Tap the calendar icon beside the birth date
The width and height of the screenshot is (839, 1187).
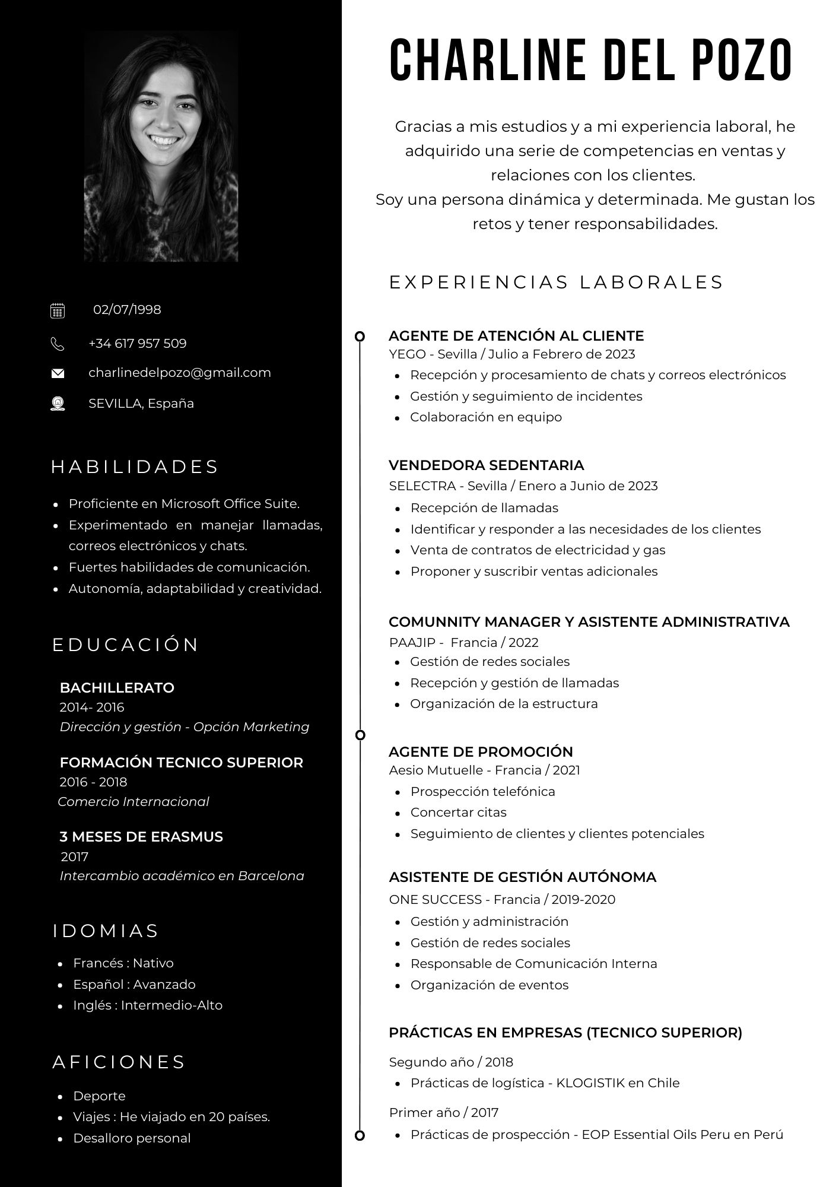[58, 310]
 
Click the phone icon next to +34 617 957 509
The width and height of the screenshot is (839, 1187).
[58, 344]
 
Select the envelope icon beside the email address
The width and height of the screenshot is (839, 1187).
[58, 373]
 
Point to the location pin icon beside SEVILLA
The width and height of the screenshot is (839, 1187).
[58, 404]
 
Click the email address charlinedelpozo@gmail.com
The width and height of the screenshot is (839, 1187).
[179, 373]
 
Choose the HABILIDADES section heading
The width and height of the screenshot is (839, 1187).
[135, 467]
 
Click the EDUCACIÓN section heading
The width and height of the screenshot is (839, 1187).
[126, 645]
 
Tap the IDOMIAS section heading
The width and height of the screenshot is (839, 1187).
[106, 931]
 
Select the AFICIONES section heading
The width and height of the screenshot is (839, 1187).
[119, 1062]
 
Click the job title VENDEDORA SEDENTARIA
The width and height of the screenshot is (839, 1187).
[486, 465]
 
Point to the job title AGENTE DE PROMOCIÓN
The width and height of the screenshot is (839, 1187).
[481, 751]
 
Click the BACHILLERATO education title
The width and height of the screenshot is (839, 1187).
[117, 688]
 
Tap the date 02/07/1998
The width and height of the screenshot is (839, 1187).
[127, 310]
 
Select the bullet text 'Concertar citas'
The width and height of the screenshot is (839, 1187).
[458, 812]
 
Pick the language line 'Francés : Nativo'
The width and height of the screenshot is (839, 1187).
[123, 963]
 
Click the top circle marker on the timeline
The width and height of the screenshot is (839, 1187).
[360, 337]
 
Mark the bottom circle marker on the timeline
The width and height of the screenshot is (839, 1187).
[360, 1136]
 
